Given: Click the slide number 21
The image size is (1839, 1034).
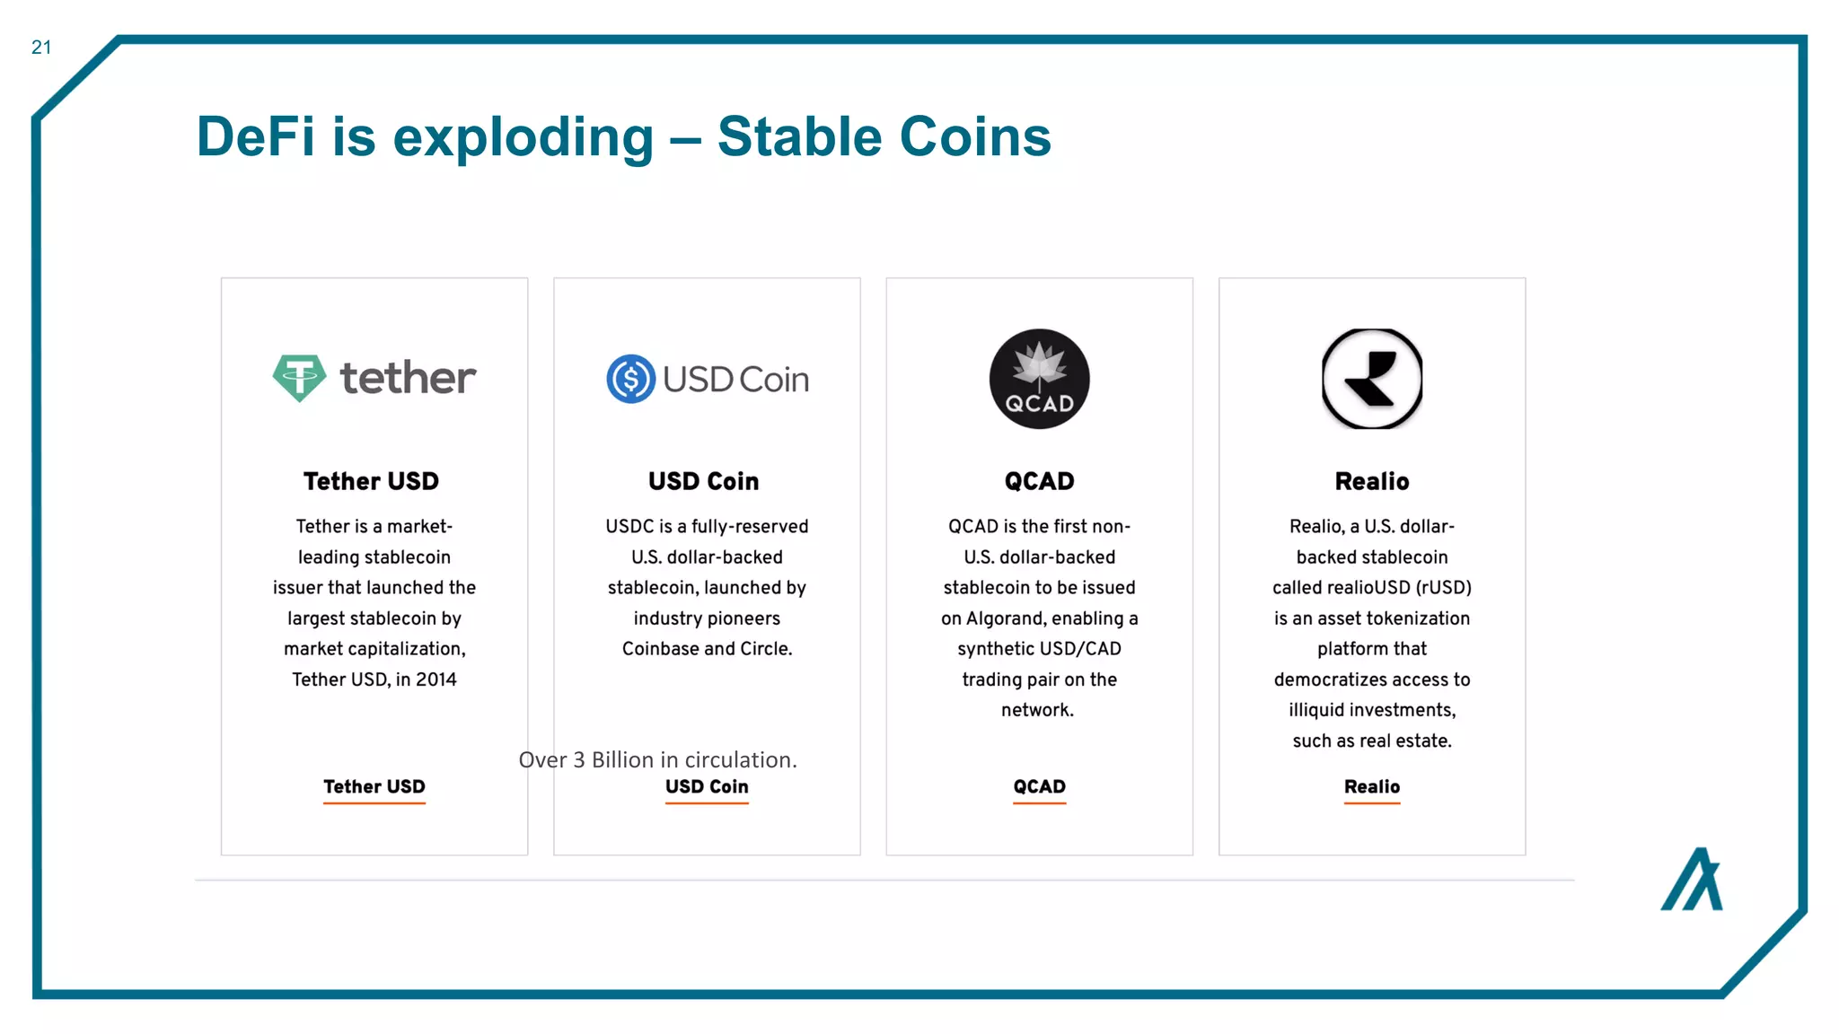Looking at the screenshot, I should point(41,48).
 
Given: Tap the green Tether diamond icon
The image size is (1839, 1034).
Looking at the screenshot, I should point(299,378).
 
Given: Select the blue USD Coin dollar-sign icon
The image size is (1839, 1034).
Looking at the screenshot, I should point(630,379).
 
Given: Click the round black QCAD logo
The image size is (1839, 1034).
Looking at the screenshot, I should point(1039,379).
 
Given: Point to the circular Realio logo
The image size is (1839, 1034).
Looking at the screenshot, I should point(1371,379).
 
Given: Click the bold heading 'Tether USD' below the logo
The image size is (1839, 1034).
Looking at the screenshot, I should point(371,481).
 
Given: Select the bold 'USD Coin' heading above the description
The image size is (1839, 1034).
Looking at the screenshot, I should point(703,481).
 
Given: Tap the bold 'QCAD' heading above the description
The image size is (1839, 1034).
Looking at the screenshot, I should point(1039,481).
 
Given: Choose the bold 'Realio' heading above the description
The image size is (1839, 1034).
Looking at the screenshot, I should point(1371,481).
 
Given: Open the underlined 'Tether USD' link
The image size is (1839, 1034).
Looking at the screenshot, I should point(374,787).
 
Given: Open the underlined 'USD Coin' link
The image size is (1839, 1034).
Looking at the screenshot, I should point(707,787).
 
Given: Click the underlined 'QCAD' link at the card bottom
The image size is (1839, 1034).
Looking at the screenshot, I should point(1039,787).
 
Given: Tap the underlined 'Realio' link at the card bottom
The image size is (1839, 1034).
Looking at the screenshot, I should point(1371,787).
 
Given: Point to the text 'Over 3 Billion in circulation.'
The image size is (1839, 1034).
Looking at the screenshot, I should point(657,760).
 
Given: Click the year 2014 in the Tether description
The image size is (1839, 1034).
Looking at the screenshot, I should point(436,679).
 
